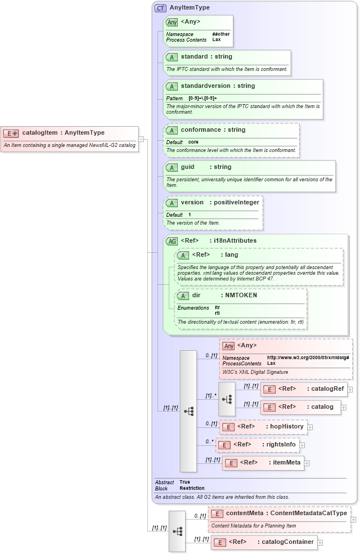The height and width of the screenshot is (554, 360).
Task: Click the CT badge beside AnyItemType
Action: pos(161,8)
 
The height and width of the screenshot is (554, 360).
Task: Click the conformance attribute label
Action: pos(201,130)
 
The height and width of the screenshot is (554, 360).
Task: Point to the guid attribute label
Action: pos(187,167)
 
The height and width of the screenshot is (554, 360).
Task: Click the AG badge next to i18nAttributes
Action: pos(172,241)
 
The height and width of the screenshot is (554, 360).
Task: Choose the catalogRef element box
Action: pos(303,389)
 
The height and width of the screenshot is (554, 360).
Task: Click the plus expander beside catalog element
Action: pos(344,407)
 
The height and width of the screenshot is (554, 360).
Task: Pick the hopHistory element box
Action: pos(263,427)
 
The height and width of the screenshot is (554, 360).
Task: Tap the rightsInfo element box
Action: pos(258,445)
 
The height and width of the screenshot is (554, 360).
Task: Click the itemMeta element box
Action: pos(263,463)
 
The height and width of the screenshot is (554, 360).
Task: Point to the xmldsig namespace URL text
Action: pos(308,358)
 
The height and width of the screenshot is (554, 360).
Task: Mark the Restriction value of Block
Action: pos(192,488)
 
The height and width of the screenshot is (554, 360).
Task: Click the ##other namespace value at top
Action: pos(221,34)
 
